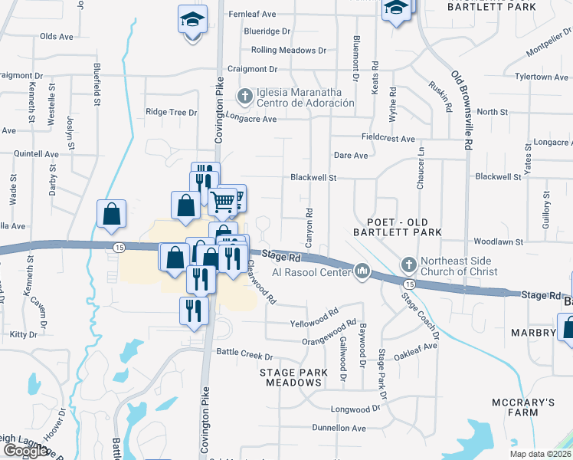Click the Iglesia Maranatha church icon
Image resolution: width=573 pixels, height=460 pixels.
(245, 97)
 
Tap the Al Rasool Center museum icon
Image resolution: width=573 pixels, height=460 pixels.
(362, 270)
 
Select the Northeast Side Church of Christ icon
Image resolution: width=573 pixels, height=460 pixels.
(408, 265)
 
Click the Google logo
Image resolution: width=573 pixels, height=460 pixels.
(26, 451)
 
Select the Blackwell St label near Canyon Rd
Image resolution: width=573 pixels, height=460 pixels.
(313, 178)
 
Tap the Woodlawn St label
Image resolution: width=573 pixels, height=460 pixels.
(498, 242)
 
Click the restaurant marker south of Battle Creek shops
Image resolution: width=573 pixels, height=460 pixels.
(192, 310)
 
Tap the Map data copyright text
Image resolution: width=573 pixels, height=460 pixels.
(539, 453)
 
